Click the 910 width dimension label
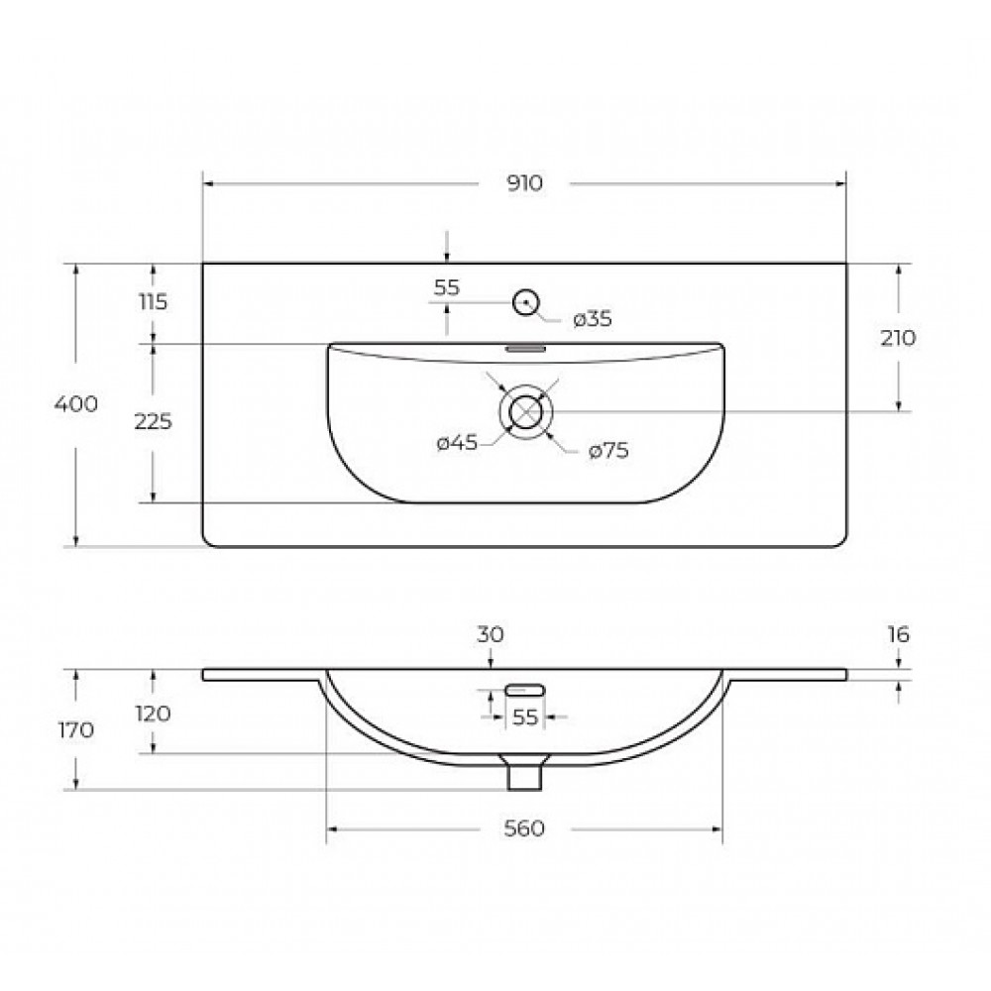(524, 183)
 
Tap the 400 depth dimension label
(76, 404)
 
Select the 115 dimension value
(153, 302)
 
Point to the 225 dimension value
(153, 421)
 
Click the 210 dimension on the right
(898, 338)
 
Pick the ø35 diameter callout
(593, 319)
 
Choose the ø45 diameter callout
(457, 443)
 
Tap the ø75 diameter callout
(608, 451)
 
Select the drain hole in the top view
(526, 412)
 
